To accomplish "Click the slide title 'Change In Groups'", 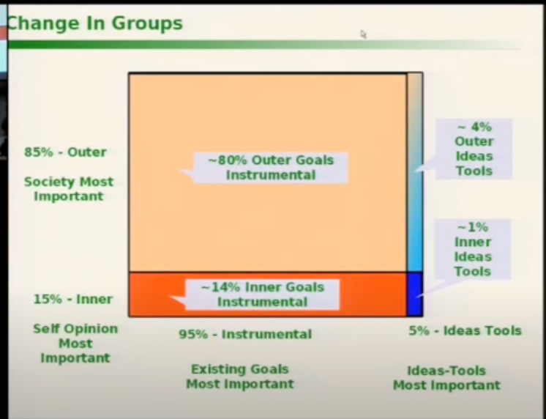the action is tap(94, 23).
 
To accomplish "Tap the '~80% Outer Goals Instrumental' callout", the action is tap(271, 168).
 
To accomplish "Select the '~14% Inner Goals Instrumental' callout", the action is tap(262, 294).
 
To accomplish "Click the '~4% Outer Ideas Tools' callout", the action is tap(474, 149).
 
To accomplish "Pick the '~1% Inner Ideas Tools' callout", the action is tap(473, 249).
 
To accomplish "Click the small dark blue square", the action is tap(415, 294).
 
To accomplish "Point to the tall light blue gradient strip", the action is tap(415, 172).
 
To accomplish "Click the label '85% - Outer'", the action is tap(65, 152).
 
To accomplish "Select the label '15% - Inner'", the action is tap(73, 299).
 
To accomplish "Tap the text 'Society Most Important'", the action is tap(69, 189).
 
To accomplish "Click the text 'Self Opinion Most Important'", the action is tap(75, 344).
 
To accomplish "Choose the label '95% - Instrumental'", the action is tap(245, 334).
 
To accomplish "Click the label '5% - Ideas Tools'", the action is tap(465, 330).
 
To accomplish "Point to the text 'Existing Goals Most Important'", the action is tap(240, 377).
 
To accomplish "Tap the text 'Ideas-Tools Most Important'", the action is tap(446, 378).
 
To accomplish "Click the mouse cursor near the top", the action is tap(363, 34).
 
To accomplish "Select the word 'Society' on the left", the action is tap(50, 182).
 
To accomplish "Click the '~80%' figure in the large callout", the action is tap(228, 160).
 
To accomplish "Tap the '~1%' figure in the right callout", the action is tap(473, 227).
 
